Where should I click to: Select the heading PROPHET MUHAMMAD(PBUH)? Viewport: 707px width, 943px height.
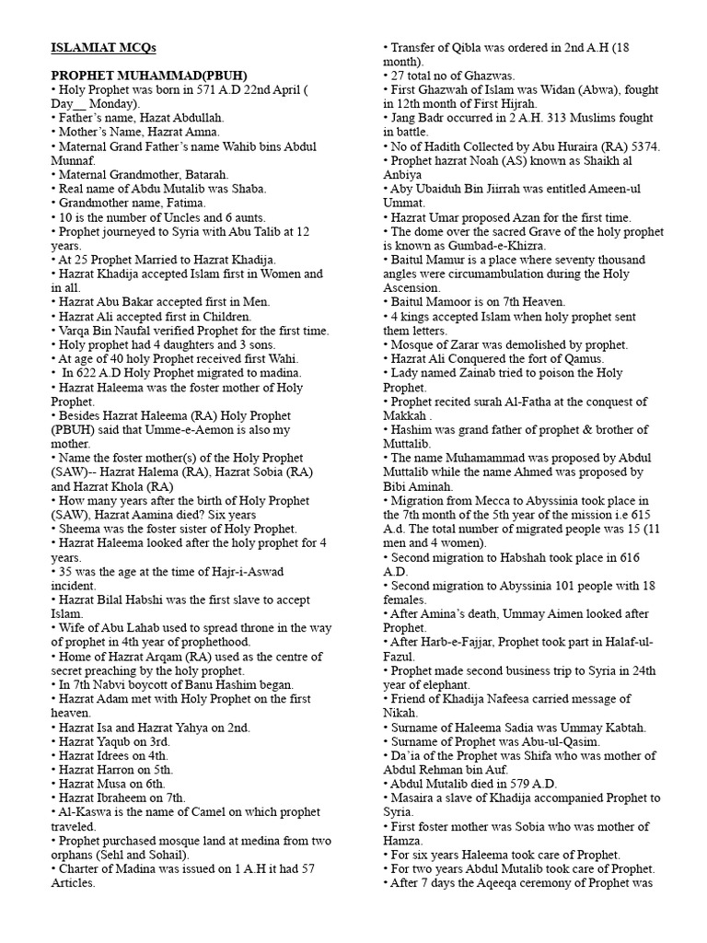pyautogui.click(x=149, y=76)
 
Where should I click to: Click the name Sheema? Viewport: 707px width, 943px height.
pyautogui.click(x=77, y=529)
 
